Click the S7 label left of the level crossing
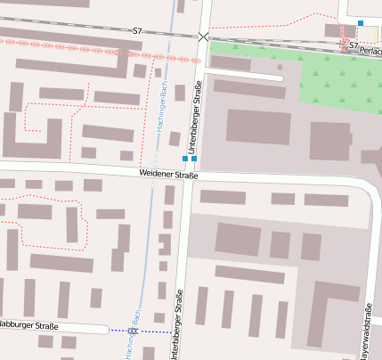click(137, 31)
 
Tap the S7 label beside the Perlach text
click(354, 45)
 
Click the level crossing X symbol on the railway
click(204, 37)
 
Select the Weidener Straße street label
click(168, 175)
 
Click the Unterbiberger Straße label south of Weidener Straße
click(179, 325)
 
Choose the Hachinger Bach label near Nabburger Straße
click(135, 333)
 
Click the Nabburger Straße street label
click(28, 326)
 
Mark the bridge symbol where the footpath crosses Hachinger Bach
click(133, 331)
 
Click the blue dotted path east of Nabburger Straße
click(151, 331)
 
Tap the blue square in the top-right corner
click(361, 23)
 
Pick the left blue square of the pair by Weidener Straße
click(185, 159)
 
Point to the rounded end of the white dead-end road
click(280, 78)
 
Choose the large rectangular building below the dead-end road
click(258, 127)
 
